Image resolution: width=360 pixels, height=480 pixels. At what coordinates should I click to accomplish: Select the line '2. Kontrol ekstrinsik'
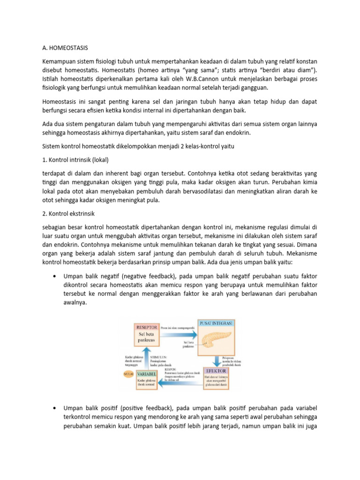(x=68, y=214)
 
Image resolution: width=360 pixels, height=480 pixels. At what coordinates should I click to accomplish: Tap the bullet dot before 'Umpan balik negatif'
(x=55, y=276)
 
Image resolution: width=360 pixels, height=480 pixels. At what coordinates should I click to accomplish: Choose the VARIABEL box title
(x=146, y=374)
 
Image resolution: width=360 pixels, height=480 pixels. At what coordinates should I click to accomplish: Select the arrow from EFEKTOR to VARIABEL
(x=180, y=383)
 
